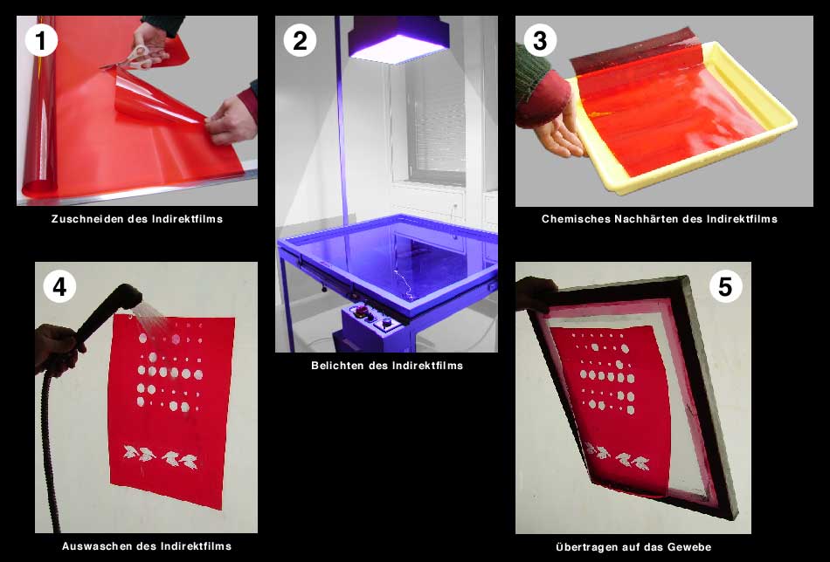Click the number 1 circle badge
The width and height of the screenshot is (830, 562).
(x=41, y=40)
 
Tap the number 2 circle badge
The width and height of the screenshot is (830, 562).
(x=300, y=40)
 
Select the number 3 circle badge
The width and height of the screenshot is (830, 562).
(x=540, y=40)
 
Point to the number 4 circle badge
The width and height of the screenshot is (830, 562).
(x=59, y=286)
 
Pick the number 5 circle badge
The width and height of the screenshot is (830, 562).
(x=725, y=286)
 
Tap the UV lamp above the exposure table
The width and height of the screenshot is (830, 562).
(x=398, y=39)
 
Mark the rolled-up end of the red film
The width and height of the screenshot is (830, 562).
(x=39, y=106)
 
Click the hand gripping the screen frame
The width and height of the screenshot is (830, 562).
(x=536, y=293)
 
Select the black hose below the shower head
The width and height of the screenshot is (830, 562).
(x=49, y=449)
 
